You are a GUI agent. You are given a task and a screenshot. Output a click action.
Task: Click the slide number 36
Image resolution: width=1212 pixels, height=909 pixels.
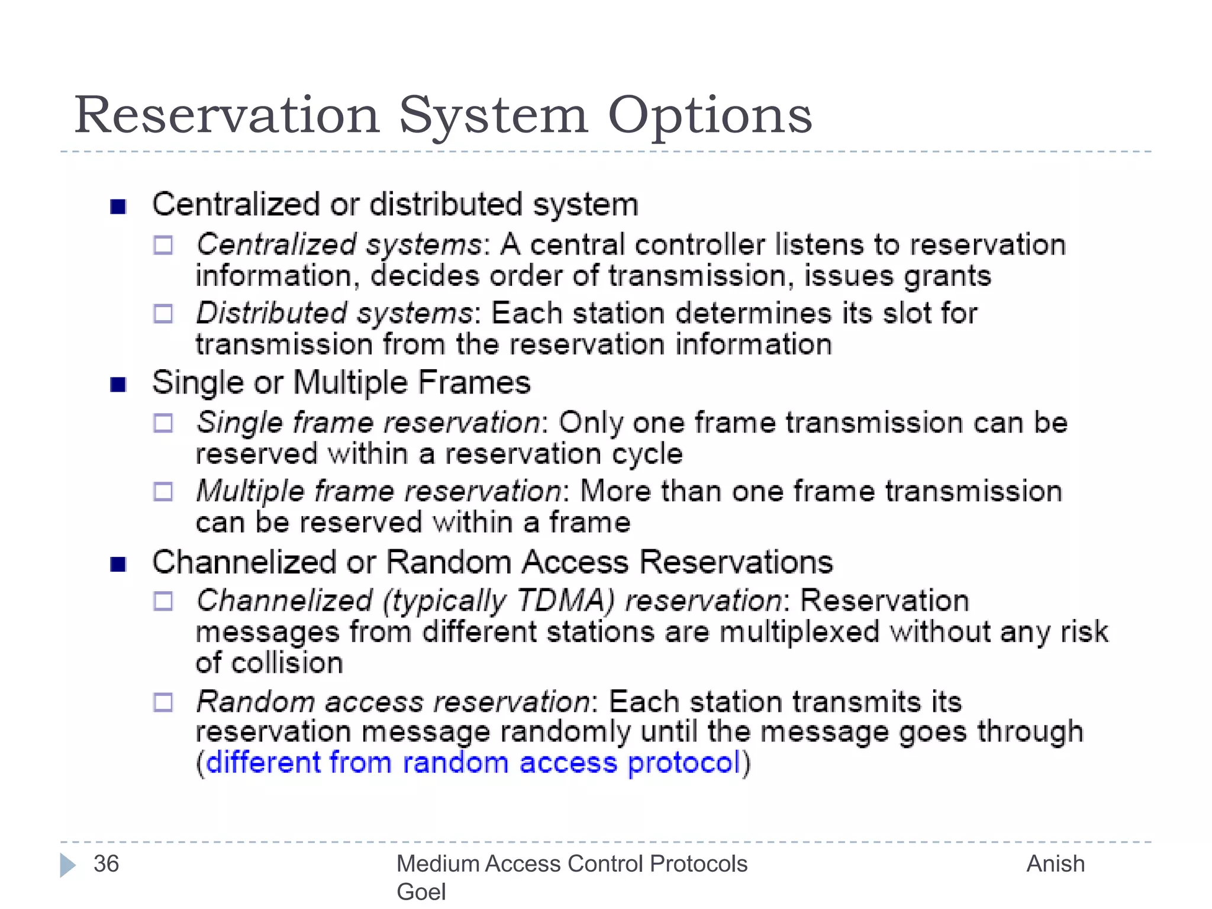point(107,863)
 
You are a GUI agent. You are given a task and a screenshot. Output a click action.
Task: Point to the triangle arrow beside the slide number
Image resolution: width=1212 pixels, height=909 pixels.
point(67,865)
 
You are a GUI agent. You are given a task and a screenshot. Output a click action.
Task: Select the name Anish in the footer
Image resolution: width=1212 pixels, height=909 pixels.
point(1055,863)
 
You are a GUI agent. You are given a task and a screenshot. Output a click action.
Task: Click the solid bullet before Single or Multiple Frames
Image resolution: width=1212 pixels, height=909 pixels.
point(118,385)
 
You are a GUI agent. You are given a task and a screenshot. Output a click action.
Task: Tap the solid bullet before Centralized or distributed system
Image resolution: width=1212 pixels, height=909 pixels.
point(118,207)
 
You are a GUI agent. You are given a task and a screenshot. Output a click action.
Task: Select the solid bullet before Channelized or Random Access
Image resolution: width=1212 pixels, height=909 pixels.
point(118,565)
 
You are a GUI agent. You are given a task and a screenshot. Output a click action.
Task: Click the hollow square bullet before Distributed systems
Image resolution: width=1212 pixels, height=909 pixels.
point(163,314)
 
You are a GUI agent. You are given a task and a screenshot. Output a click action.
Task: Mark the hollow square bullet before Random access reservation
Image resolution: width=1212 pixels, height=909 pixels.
point(163,702)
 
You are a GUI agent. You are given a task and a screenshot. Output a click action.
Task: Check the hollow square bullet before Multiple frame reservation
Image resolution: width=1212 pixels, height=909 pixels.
point(163,492)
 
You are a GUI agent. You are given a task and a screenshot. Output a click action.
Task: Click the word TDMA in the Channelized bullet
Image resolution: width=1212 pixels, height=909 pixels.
point(566,600)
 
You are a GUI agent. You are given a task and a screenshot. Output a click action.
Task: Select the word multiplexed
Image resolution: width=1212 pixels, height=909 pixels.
point(800,632)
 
